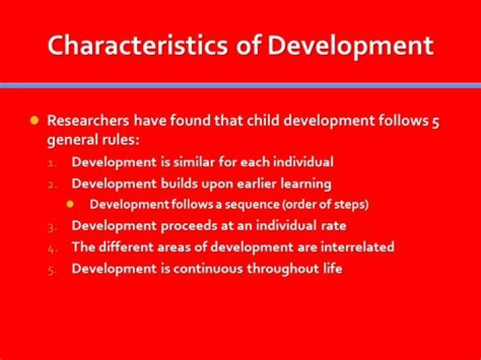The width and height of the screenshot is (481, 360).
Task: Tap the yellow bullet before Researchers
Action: [x=35, y=121]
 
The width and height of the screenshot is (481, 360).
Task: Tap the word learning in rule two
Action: [x=305, y=183]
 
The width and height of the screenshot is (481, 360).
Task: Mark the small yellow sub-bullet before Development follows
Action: [x=77, y=204]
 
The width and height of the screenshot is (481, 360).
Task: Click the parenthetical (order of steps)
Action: [x=325, y=204]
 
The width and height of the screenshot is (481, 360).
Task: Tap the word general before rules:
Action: [x=70, y=141]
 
